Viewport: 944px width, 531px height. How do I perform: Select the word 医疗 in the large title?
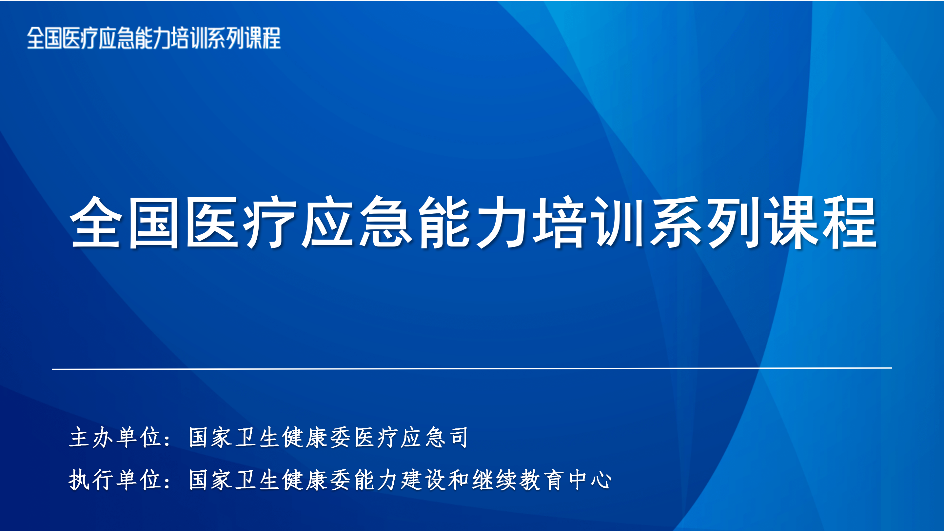241,222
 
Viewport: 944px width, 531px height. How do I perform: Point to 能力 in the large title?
474,222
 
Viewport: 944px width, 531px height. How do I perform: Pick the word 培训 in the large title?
589,222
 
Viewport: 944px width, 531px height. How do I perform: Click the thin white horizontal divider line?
472,368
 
